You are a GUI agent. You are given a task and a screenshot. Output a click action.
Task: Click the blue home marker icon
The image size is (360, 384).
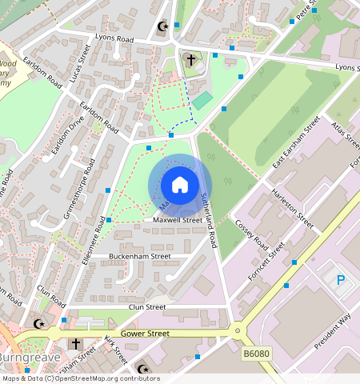click(x=180, y=185)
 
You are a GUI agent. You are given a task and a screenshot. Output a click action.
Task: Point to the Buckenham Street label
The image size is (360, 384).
click(x=140, y=257)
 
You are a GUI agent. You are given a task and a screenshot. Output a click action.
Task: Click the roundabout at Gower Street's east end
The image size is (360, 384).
click(x=237, y=330)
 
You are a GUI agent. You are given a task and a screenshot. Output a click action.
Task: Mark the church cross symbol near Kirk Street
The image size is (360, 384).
click(x=76, y=343)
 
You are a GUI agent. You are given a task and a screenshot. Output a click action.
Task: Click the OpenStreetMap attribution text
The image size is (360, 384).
click(x=80, y=378)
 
